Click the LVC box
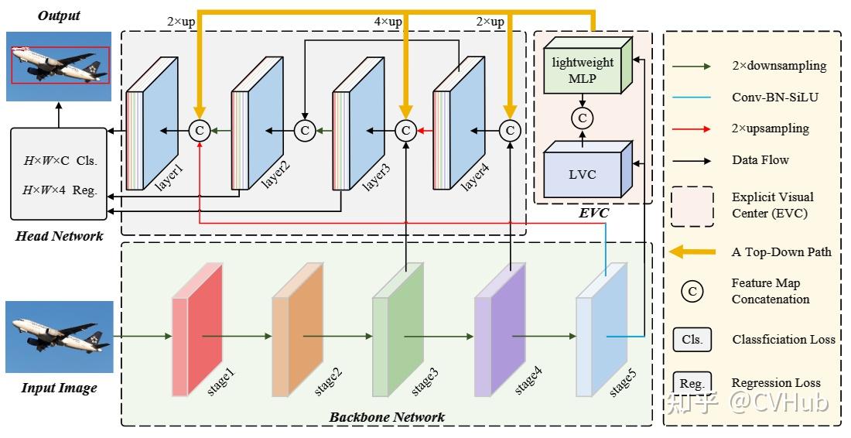click(x=582, y=174)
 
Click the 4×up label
click(x=388, y=22)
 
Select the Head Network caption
click(x=59, y=236)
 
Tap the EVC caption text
click(x=594, y=212)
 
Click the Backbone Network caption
click(x=387, y=417)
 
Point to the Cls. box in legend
click(x=692, y=339)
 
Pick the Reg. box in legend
click(x=692, y=382)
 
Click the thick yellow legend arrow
click(x=692, y=252)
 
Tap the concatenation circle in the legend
click(x=692, y=291)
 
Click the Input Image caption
click(x=59, y=388)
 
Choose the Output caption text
click(x=58, y=15)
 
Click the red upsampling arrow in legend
click(x=692, y=128)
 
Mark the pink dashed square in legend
click(x=692, y=205)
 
